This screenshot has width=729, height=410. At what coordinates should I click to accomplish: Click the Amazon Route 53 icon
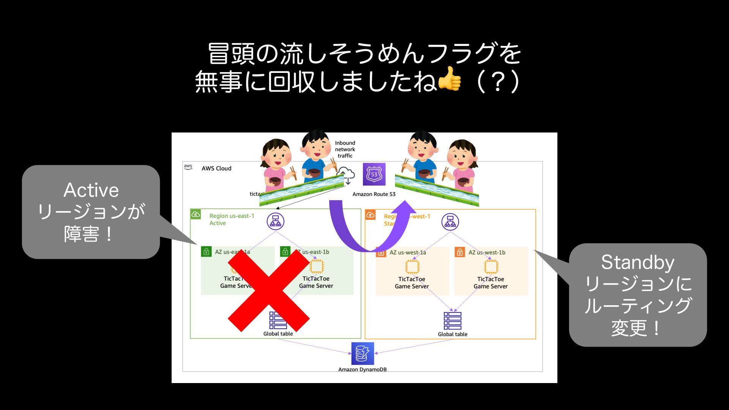tap(374, 174)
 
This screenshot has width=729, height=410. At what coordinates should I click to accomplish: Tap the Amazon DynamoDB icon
tap(362, 353)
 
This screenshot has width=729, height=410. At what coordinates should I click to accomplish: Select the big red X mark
tap(268, 291)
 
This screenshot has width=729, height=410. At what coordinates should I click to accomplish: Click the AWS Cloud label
tap(216, 169)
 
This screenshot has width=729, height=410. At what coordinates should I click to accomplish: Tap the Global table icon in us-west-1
tap(452, 320)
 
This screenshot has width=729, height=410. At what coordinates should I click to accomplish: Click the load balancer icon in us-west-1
tap(450, 221)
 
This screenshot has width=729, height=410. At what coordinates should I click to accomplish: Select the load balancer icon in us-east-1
tap(275, 221)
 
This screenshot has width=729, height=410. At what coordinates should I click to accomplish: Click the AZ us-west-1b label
tap(487, 252)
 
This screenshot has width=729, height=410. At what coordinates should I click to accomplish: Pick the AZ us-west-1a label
tap(408, 252)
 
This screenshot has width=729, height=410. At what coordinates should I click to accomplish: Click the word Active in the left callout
tap(91, 190)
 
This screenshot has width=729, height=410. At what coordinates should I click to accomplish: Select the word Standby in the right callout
tap(637, 262)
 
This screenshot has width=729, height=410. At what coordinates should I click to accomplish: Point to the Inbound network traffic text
tap(345, 149)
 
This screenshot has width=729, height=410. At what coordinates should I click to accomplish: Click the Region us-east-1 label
tap(232, 216)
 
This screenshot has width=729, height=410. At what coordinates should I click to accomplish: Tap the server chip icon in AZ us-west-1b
tap(491, 267)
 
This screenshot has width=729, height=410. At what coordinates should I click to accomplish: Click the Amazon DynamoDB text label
tap(362, 369)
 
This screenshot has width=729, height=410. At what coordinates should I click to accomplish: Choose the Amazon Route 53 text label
tap(374, 194)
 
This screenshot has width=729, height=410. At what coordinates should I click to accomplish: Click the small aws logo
tap(188, 167)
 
